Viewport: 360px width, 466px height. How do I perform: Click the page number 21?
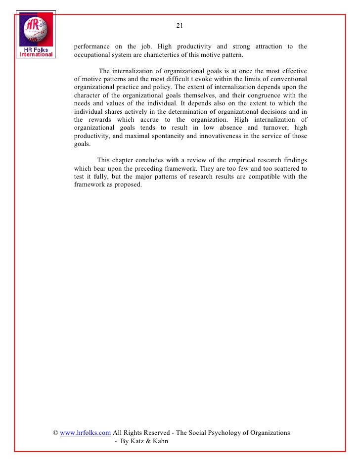pyautogui.click(x=180, y=26)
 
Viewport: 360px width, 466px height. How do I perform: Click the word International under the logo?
pyautogui.click(x=36, y=55)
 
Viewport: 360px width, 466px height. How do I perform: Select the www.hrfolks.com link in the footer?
pyautogui.click(x=85, y=432)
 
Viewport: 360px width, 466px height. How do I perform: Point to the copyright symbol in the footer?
pyautogui.click(x=56, y=432)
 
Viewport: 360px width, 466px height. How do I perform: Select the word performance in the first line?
pyautogui.click(x=92, y=47)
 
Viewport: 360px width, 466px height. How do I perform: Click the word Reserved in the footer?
pyautogui.click(x=155, y=432)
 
